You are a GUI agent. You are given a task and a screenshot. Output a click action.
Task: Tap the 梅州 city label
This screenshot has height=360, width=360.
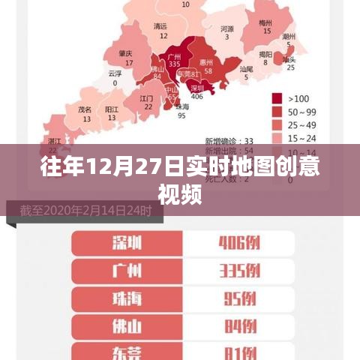click(x=265, y=23)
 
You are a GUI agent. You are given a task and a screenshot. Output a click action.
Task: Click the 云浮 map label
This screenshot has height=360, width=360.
click(x=115, y=73)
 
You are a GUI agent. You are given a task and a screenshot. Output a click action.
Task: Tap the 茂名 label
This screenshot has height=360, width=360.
click(x=85, y=109)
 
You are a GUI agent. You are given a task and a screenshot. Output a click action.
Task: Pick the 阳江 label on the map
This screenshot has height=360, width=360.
click(x=112, y=109)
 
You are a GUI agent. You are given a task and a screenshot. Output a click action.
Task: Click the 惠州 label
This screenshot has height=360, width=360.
click(x=208, y=63)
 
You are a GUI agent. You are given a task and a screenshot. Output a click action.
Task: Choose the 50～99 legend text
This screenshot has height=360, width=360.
click(x=302, y=111)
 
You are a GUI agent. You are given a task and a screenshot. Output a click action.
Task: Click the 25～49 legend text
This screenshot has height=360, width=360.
click(x=302, y=124)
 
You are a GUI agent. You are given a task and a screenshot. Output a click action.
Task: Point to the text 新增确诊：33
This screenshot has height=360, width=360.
click(x=229, y=140)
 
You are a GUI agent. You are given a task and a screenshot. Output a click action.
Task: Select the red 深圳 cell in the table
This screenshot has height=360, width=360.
click(x=127, y=243)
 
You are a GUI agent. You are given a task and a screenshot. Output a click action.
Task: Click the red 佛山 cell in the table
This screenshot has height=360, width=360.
click(x=127, y=325)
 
